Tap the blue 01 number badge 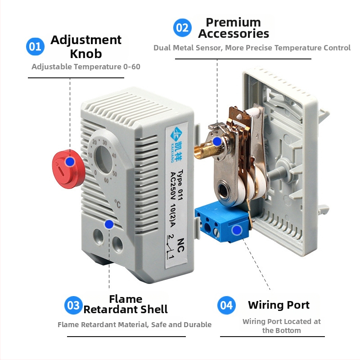coord(35,47)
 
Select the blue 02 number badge coord(183,28)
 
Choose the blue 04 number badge coord(226,306)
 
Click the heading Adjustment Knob coord(86,46)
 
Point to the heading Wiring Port coord(279,305)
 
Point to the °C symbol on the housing coord(118,203)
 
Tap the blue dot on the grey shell coord(108,224)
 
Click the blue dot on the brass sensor coord(217,141)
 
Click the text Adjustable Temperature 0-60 coord(85,67)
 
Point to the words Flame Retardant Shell coord(126,304)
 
